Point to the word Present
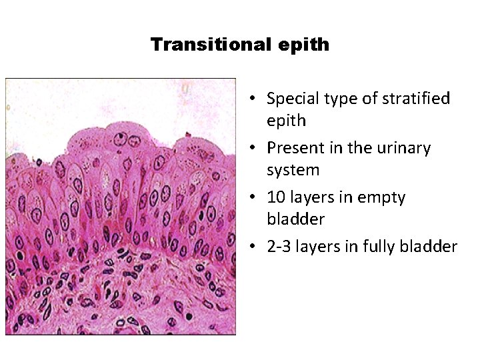point(294,148)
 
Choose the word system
point(293,170)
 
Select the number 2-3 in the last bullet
point(280,247)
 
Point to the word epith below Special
point(287,121)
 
